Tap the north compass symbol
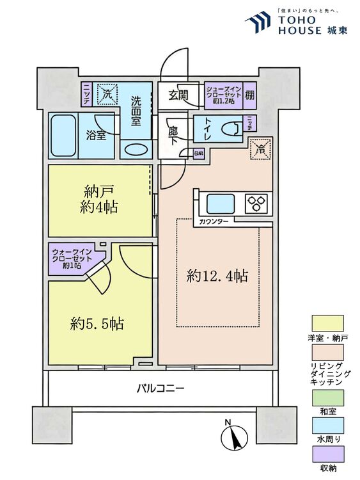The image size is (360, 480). (x=233, y=437)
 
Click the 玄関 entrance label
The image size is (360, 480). (x=178, y=95)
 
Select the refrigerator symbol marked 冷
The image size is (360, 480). (x=259, y=149)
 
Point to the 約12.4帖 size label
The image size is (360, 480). (x=217, y=276)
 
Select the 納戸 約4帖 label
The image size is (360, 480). (x=100, y=199)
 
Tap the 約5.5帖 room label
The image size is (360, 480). (x=97, y=324)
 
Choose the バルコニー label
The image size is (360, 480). (x=160, y=388)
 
